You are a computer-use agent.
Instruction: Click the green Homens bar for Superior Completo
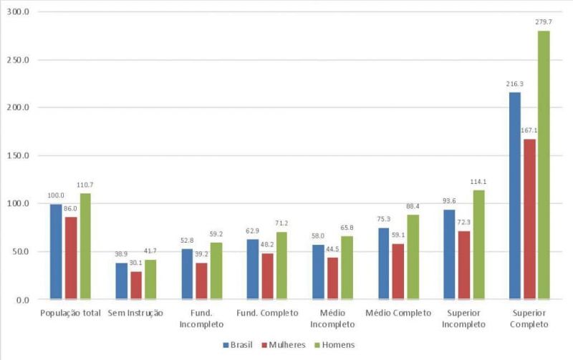(x=544, y=165)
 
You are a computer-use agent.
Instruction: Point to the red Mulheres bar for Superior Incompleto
(x=463, y=264)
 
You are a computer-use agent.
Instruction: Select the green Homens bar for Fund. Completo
(x=281, y=265)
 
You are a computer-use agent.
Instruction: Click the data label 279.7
(x=544, y=22)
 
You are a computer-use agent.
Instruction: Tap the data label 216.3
(x=514, y=84)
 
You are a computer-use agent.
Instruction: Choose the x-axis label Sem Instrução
(x=135, y=313)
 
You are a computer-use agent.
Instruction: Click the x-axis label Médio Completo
(x=398, y=313)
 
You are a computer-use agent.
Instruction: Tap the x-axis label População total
(x=70, y=313)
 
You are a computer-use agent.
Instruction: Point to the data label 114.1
(x=478, y=181)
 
